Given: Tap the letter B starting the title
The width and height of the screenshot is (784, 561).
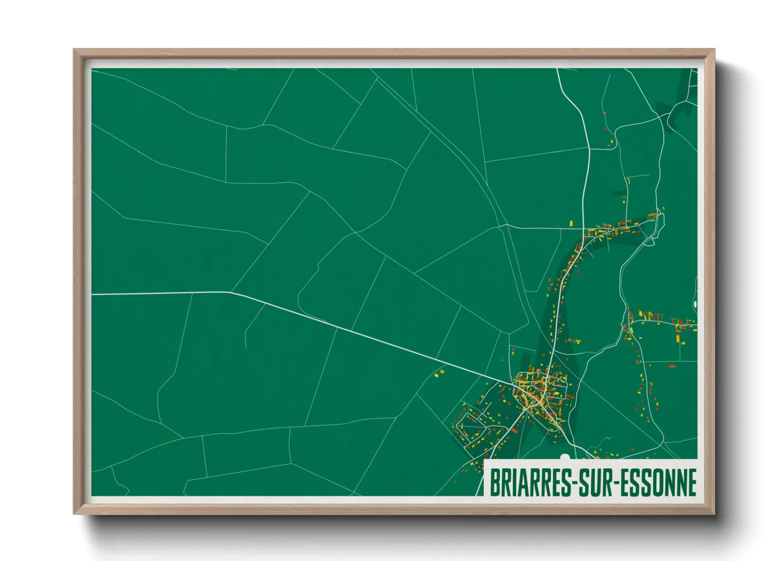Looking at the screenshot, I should pyautogui.click(x=494, y=483).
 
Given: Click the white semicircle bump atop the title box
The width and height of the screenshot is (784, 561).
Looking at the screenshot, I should pyautogui.click(x=565, y=457).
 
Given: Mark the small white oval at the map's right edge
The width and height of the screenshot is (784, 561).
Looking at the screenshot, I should pyautogui.click(x=695, y=304).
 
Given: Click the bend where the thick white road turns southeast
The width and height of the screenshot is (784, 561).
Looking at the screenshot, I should pyautogui.click(x=231, y=292).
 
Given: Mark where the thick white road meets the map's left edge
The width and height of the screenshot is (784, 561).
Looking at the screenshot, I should pyautogui.click(x=92, y=294).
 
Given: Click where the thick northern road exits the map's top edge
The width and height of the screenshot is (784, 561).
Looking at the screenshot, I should pyautogui.click(x=557, y=69).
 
